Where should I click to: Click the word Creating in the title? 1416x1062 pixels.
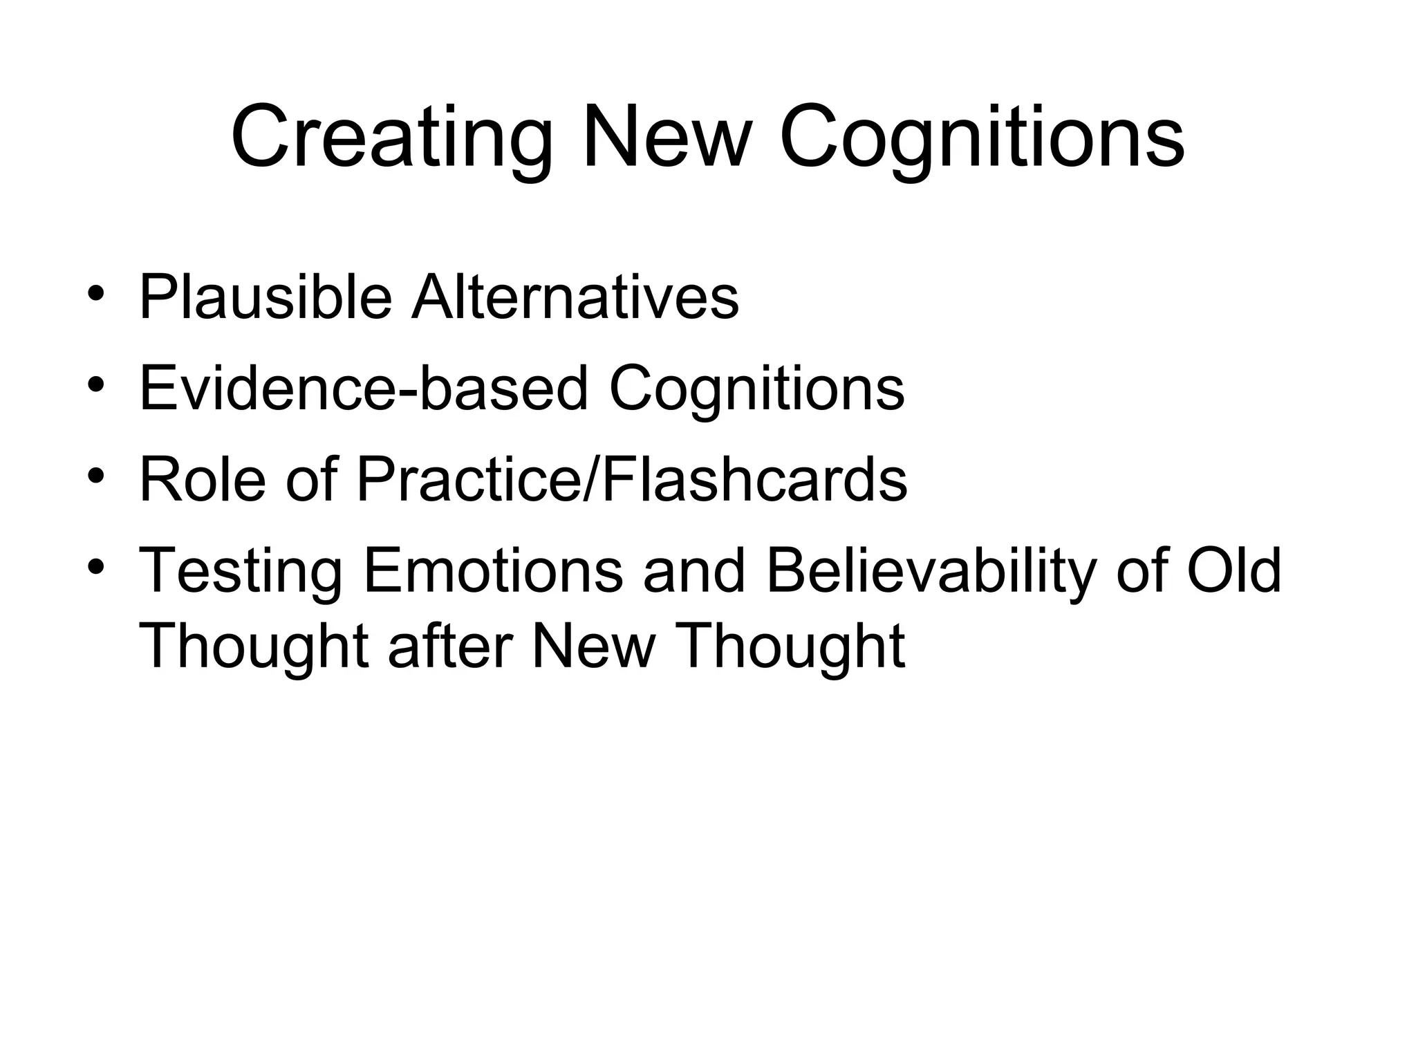pyautogui.click(x=391, y=138)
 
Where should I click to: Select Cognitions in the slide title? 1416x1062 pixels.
pyautogui.click(x=982, y=138)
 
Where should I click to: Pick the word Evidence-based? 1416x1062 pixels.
pyautogui.click(x=364, y=389)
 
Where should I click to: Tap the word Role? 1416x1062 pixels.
pyautogui.click(x=203, y=479)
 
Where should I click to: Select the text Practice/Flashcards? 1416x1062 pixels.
pyautogui.click(x=631, y=479)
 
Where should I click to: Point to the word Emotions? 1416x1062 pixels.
pyautogui.click(x=493, y=571)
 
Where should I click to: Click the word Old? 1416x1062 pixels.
pyautogui.click(x=1234, y=571)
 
